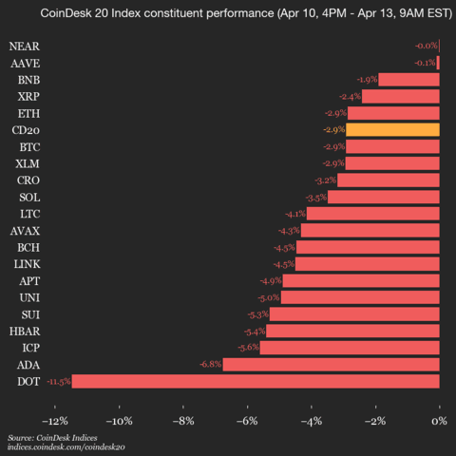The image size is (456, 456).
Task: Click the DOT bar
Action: coord(256,381)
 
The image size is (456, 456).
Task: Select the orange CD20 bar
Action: coord(392,129)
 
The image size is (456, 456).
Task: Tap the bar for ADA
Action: coord(331,364)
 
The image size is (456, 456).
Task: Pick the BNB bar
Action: coord(408,80)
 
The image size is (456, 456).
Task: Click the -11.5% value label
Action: coord(58,381)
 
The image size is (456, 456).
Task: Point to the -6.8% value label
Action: coord(210,364)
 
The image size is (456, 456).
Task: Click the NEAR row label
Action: coord(25,46)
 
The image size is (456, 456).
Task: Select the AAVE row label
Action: coord(25,63)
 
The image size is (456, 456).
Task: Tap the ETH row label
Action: coord(28,113)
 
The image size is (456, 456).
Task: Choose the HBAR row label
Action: coord(25,331)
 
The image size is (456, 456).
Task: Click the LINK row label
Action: coord(25,263)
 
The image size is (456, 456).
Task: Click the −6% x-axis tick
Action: coord(248,420)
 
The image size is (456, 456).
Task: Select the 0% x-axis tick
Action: coord(439,420)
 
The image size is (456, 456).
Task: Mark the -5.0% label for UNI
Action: coord(270,297)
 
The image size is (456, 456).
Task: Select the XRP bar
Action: coord(400,96)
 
